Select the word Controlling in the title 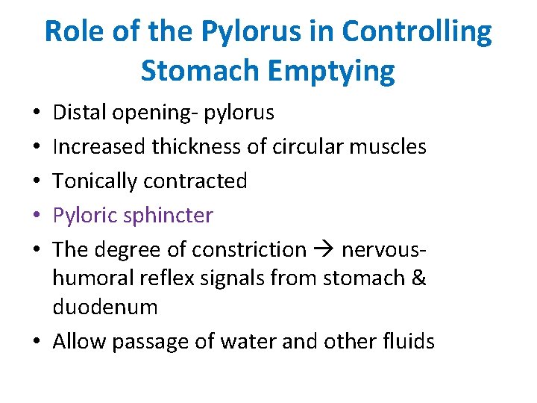417,32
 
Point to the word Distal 81,113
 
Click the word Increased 99,146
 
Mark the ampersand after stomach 418,278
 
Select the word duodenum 105,307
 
